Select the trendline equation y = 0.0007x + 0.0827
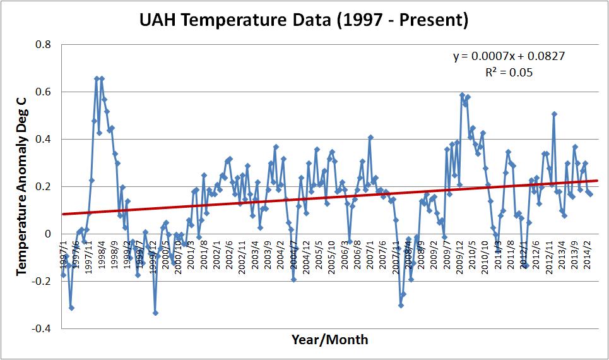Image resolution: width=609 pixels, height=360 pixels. tap(508, 56)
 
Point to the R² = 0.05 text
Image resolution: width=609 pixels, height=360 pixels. tap(508, 72)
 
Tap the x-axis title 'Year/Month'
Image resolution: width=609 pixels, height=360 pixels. tap(329, 340)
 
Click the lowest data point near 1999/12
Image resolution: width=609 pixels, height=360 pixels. tap(155, 313)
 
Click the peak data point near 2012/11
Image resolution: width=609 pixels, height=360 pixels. tap(554, 114)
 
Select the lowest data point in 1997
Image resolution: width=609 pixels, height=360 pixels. tap(71, 308)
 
